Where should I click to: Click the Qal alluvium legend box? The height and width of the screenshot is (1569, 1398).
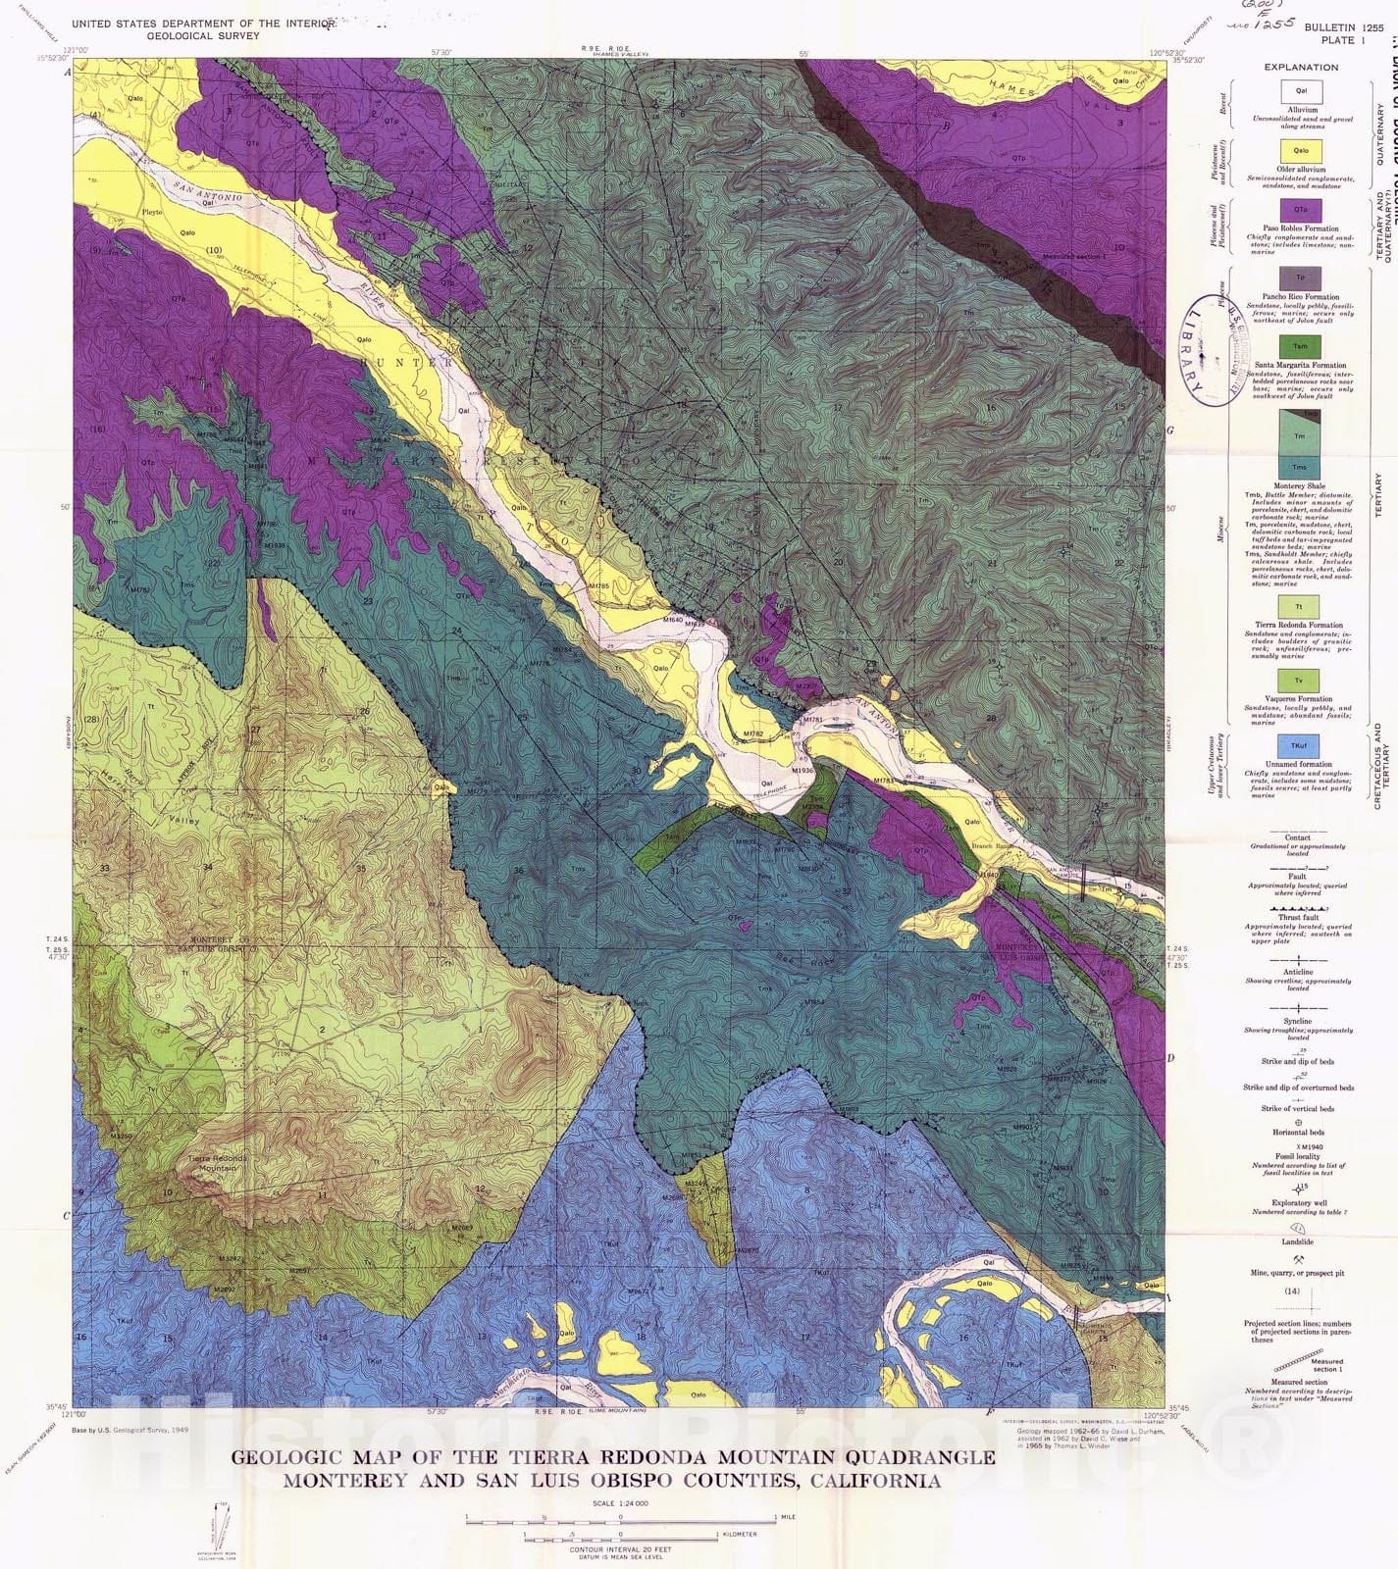(x=1301, y=91)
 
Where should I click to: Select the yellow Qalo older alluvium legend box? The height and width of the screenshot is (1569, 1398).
(x=1301, y=151)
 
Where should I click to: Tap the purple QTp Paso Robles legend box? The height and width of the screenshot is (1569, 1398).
(x=1301, y=211)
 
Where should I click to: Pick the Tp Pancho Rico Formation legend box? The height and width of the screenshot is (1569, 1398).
(x=1301, y=278)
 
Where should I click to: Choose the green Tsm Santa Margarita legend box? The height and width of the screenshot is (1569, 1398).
(x=1301, y=346)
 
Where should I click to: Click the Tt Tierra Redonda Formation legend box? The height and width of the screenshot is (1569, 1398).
(x=1301, y=607)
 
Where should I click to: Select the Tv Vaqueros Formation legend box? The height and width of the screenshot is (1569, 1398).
(x=1301, y=680)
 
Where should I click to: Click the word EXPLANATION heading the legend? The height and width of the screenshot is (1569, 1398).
(x=1301, y=68)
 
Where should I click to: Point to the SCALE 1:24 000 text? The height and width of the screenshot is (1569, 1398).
(x=620, y=1503)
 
